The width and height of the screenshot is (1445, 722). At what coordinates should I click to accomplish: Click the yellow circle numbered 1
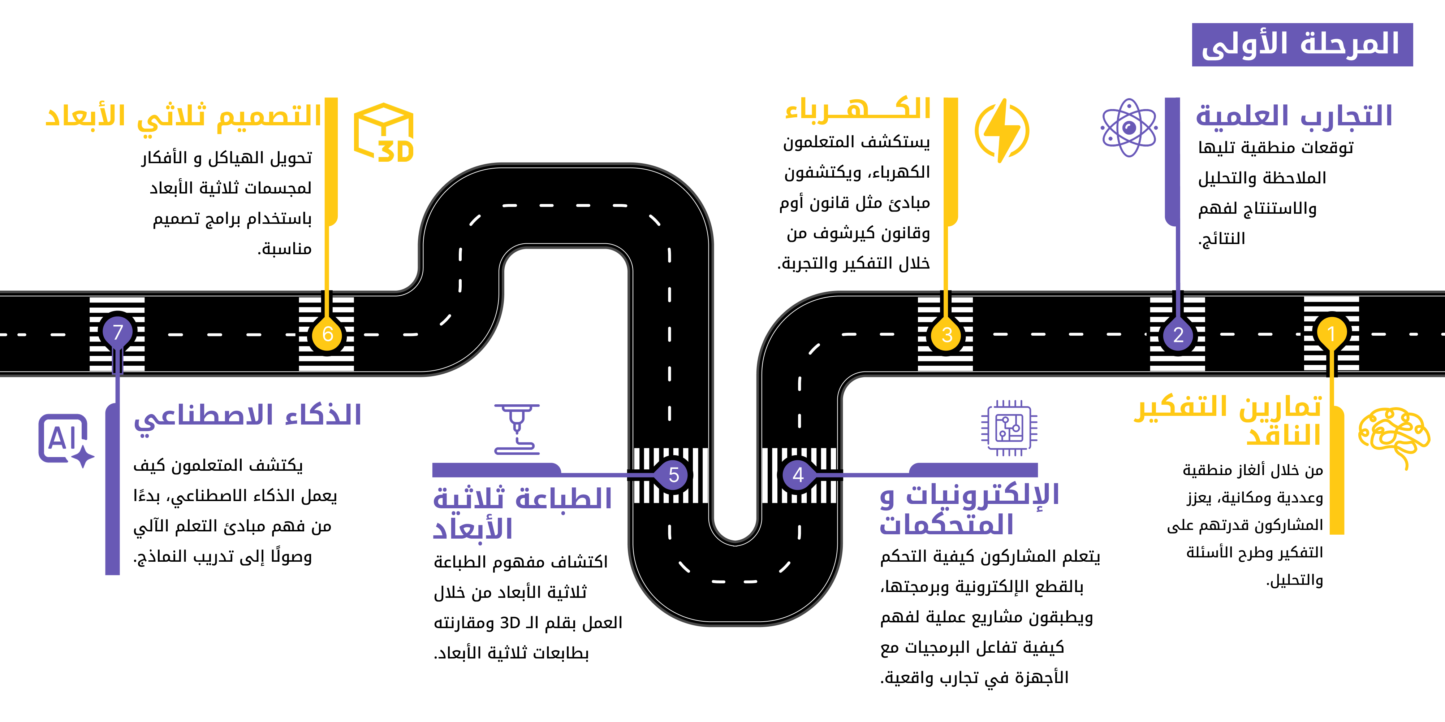(1331, 334)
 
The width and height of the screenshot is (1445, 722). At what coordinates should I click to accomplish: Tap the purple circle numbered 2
(1178, 335)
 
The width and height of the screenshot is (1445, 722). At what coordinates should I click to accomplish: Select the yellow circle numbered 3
(946, 335)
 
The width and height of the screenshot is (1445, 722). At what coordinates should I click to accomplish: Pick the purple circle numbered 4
(798, 475)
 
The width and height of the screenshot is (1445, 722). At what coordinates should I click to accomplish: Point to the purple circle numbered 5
(674, 475)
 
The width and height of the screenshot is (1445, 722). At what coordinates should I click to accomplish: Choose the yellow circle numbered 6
(328, 334)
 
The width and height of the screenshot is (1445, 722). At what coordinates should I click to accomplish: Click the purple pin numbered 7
(117, 332)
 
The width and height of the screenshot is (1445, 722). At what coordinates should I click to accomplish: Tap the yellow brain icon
(1393, 437)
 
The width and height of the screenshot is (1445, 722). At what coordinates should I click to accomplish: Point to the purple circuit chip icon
(1009, 428)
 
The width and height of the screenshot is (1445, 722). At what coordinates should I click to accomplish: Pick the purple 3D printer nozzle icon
(517, 429)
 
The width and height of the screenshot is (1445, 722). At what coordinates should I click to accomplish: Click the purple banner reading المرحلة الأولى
(1302, 45)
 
